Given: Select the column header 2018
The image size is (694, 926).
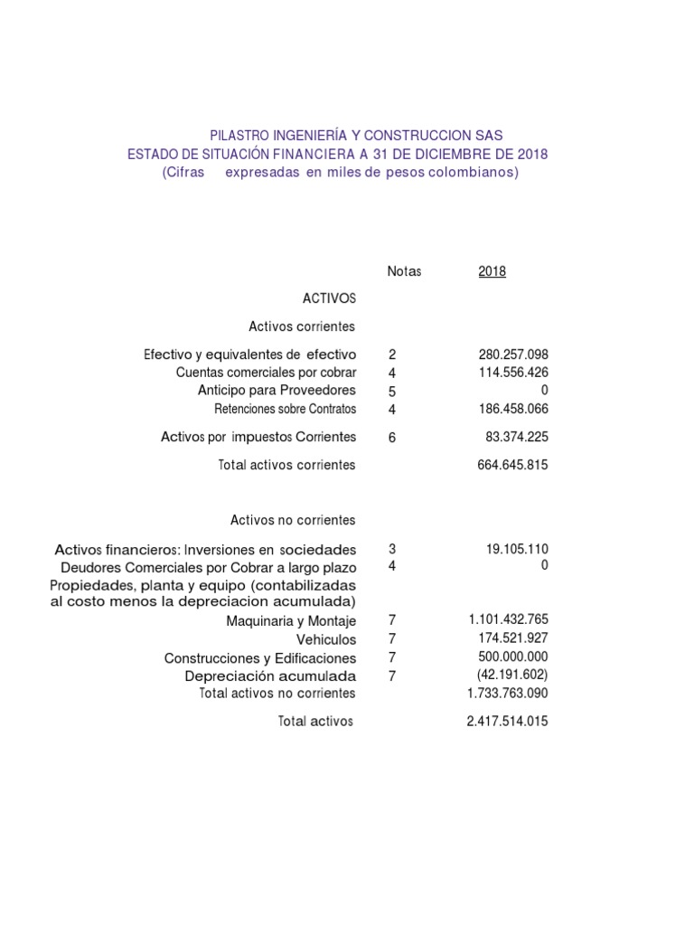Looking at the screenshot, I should pos(492,271).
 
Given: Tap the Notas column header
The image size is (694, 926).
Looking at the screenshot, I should pos(404,271).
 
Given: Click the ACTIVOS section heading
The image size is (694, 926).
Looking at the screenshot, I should pos(329,298).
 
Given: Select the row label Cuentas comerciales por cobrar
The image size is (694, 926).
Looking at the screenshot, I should pos(266,373).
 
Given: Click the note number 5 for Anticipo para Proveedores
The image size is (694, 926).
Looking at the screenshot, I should pos(392,392).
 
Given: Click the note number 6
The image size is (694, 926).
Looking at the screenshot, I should pos(392,438).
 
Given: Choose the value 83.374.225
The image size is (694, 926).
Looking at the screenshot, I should pos(517,438).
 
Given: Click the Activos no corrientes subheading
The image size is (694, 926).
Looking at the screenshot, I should pos(293,520).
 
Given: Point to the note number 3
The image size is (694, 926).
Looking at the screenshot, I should pos(392,549).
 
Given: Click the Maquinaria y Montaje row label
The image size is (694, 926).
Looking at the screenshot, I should pos(291,621).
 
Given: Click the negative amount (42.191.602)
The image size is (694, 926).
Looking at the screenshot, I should pos(511,675).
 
